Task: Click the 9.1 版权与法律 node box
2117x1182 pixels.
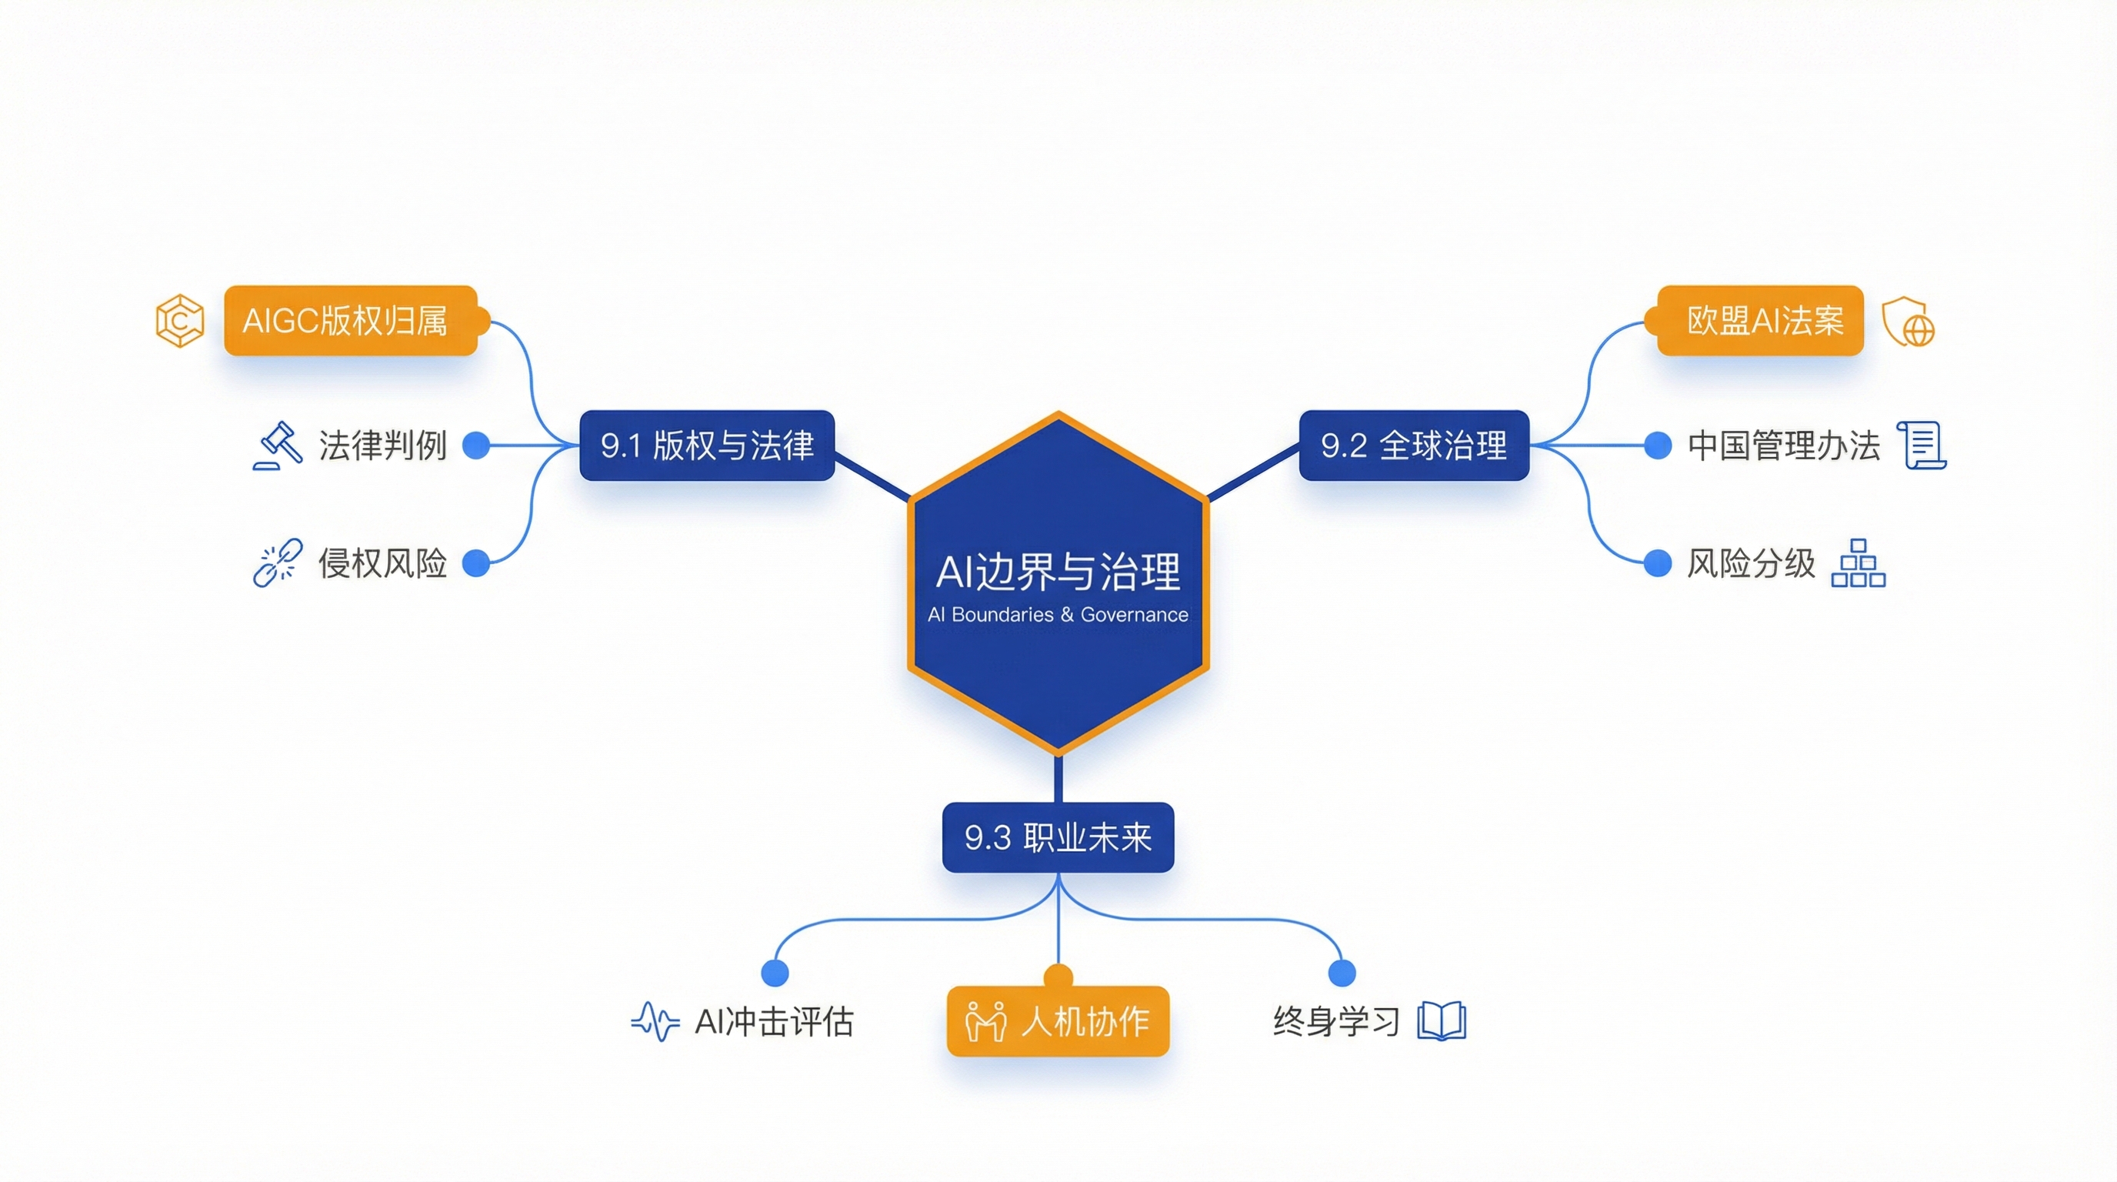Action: [x=707, y=446]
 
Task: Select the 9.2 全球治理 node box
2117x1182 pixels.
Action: [x=1414, y=446]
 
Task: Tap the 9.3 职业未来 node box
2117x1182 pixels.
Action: [x=1058, y=837]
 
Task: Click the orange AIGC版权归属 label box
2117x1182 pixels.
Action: [x=351, y=321]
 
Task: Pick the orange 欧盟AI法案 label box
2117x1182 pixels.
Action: [x=1760, y=321]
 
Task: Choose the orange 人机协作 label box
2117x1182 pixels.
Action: [x=1058, y=1022]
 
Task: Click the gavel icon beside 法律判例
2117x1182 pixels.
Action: [x=278, y=446]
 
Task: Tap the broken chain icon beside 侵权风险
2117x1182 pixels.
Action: [x=278, y=563]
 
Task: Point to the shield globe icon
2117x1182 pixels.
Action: [x=1909, y=322]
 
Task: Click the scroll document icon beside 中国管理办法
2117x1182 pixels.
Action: [x=1922, y=446]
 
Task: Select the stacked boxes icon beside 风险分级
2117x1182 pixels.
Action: [x=1858, y=563]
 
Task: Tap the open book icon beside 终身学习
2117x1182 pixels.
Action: [x=1442, y=1022]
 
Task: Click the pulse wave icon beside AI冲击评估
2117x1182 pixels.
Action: [x=655, y=1022]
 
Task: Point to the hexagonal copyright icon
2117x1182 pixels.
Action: [x=180, y=321]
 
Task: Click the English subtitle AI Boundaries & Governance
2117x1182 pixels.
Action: [x=1058, y=615]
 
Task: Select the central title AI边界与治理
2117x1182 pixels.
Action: [x=1058, y=572]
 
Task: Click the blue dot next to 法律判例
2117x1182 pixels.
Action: [x=476, y=446]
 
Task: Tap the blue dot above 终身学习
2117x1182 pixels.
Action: [x=1342, y=973]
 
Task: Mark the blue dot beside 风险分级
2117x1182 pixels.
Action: [x=1658, y=563]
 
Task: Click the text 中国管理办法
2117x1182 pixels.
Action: [x=1783, y=446]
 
